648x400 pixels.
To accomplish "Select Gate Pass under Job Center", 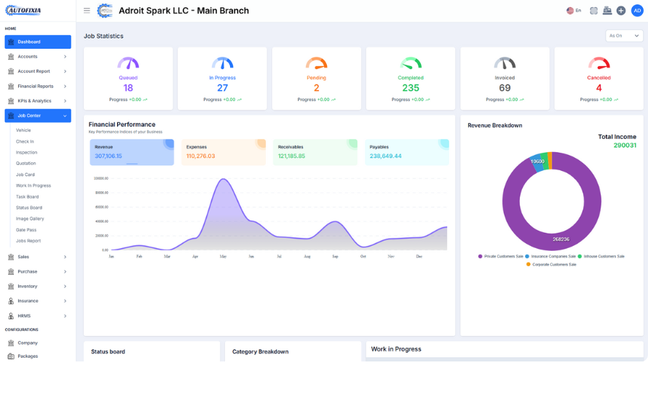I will pos(26,230).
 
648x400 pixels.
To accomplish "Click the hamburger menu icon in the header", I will pos(87,11).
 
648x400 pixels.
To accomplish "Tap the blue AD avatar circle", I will pos(636,10).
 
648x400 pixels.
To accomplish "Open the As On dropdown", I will pos(625,36).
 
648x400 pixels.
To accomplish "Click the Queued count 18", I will pos(128,88).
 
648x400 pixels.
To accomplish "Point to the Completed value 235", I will pos(411,88).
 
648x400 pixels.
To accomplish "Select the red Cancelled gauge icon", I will pos(598,64).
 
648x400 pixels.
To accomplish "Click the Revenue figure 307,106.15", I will pos(108,156).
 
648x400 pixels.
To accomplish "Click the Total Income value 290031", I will pos(625,145).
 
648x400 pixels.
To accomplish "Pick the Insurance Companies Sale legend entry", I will pos(553,256).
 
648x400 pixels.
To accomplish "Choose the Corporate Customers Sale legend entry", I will pos(553,264).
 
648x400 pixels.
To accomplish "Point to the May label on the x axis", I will pos(223,256).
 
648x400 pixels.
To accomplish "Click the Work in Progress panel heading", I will pos(396,349).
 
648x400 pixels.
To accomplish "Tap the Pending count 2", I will pos(316,88).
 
